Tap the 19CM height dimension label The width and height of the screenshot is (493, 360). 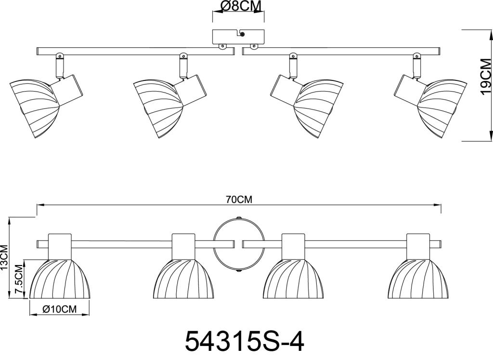[x=486, y=76]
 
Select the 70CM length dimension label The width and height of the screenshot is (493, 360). [x=239, y=200]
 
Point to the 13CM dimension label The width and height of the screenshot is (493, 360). [x=4, y=257]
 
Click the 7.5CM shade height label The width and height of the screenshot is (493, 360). [x=19, y=280]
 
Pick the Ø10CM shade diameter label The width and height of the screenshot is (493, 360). [x=59, y=309]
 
